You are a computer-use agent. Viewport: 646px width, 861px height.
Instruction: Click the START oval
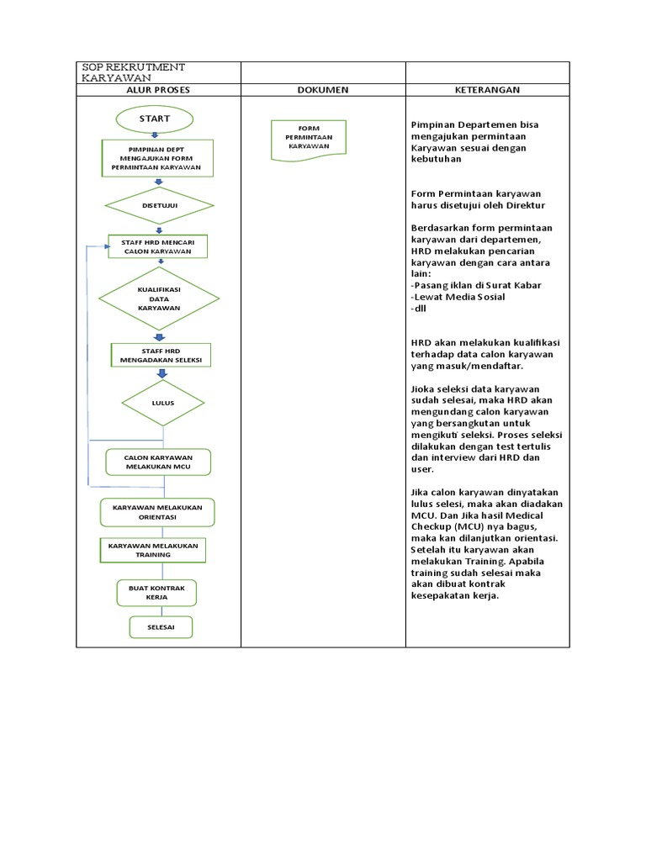(x=156, y=119)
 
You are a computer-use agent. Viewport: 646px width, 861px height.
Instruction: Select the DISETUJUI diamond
(x=158, y=204)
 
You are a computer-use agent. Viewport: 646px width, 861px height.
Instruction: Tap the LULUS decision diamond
(x=162, y=403)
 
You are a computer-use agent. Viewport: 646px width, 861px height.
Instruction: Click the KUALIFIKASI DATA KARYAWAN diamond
(x=159, y=298)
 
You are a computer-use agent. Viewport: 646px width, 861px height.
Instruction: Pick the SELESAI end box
(x=160, y=627)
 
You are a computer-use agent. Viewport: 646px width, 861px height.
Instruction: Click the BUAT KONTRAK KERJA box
(x=157, y=592)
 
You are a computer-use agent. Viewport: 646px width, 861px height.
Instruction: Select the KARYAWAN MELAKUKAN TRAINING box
(x=153, y=550)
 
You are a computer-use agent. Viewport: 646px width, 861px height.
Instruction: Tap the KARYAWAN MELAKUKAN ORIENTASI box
(x=157, y=512)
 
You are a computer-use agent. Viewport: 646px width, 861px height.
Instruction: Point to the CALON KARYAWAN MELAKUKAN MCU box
(x=158, y=462)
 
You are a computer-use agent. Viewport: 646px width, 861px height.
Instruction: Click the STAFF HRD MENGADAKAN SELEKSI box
(x=160, y=355)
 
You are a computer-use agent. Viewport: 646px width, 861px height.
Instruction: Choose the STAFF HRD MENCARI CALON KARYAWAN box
(x=158, y=246)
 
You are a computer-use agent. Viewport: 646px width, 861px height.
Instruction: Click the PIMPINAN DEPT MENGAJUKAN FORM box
(x=156, y=159)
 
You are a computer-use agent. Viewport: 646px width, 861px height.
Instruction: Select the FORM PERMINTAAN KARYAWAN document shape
(x=309, y=139)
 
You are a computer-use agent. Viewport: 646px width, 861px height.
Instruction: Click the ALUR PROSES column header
(x=158, y=90)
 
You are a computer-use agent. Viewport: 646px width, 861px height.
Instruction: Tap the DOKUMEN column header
(x=323, y=90)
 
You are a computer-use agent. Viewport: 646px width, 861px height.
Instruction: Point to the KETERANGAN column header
(x=487, y=90)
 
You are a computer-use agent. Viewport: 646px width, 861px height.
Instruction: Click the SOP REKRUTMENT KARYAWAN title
(x=132, y=72)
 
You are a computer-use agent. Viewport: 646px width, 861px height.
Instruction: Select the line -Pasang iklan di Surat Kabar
(x=476, y=285)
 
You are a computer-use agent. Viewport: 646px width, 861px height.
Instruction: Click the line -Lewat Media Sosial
(x=458, y=297)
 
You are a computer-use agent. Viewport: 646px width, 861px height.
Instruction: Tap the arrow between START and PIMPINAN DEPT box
(x=156, y=136)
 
